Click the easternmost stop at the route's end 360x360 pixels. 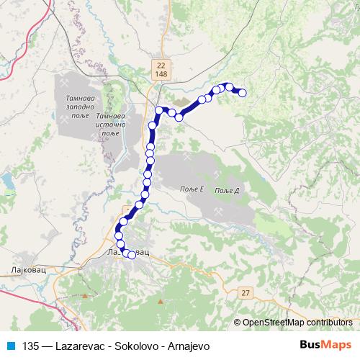tap(243, 92)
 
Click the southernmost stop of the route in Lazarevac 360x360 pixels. tap(131, 253)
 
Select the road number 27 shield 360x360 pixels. tap(247, 292)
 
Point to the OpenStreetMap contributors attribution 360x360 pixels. tap(296, 322)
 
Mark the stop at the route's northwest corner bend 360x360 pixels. tap(160, 110)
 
